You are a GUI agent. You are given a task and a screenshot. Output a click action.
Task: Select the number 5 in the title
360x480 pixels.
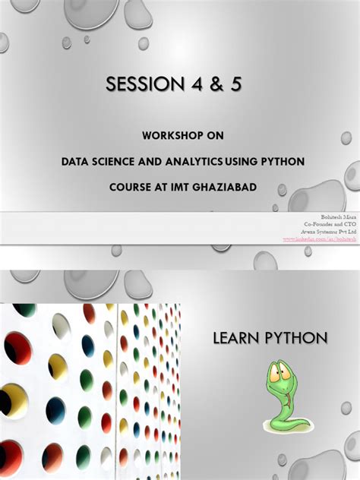pos(236,85)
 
